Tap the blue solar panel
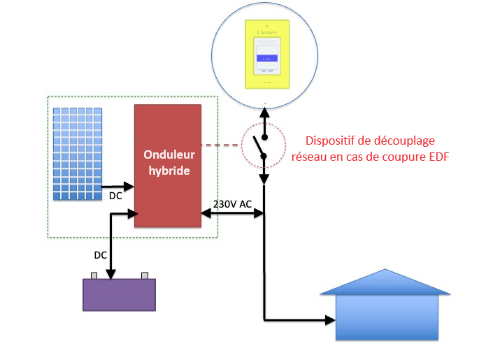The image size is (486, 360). coord(78,153)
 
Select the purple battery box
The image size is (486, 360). coord(120,294)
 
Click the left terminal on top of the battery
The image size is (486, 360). coord(94,275)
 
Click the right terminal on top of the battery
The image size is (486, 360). coord(145,275)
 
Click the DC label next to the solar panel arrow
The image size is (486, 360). coord(116,196)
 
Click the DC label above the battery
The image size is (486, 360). coord(101,255)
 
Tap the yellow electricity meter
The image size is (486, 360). coord(266,54)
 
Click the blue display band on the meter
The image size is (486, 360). coord(266,58)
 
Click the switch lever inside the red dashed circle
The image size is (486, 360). coord(259,147)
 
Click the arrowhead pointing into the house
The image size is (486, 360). coord(329,321)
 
